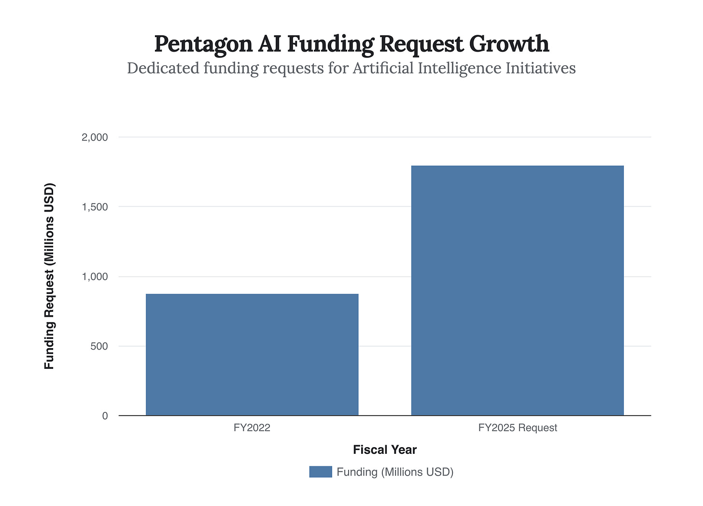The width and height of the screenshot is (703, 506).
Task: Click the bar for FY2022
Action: [x=252, y=354]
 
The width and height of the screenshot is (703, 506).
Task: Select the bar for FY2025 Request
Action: [x=517, y=290]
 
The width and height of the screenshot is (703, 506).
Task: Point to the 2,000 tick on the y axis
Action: [x=95, y=138]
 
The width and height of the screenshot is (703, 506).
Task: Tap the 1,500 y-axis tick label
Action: [x=95, y=207]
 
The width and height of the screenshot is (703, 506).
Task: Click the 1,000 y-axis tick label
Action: [x=95, y=277]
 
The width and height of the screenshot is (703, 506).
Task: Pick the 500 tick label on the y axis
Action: [x=98, y=346]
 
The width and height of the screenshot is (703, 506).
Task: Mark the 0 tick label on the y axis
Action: [x=105, y=416]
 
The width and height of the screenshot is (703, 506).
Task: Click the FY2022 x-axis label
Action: [x=252, y=428]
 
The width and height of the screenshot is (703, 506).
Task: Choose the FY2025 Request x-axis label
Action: [x=518, y=428]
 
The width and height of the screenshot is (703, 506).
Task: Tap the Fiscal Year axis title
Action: [x=385, y=450]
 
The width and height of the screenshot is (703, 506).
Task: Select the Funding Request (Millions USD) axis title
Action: [x=49, y=276]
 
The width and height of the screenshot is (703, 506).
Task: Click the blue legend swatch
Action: [x=321, y=472]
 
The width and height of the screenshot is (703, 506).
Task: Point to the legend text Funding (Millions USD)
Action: [x=395, y=472]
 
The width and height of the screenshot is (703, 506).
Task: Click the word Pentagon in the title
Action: [x=203, y=44]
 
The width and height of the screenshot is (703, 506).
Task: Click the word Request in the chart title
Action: [x=422, y=44]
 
